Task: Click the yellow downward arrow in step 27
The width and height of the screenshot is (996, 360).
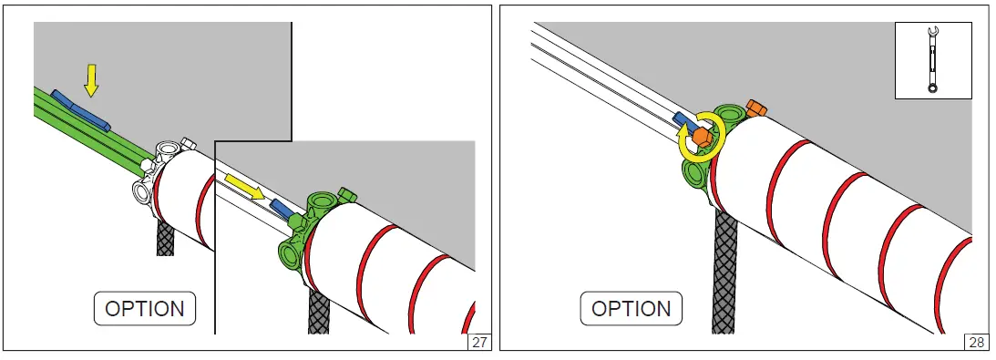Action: [91, 80]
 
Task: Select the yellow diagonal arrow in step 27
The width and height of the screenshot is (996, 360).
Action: [244, 188]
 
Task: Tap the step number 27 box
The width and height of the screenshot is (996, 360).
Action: [479, 342]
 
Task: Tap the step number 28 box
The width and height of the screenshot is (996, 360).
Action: [976, 342]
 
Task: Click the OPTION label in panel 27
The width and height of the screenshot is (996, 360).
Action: [145, 309]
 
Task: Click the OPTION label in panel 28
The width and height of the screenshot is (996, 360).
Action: [631, 309]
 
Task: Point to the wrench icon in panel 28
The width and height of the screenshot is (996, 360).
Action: [932, 60]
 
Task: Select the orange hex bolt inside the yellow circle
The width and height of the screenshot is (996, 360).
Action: [702, 137]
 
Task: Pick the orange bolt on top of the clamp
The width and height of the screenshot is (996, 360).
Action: [756, 108]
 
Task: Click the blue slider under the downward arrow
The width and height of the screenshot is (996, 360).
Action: [80, 110]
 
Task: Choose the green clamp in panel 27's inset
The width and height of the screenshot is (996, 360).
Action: [312, 230]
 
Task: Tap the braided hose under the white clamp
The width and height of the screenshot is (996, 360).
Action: [165, 237]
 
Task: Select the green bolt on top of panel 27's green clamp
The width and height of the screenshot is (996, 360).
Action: [346, 193]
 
